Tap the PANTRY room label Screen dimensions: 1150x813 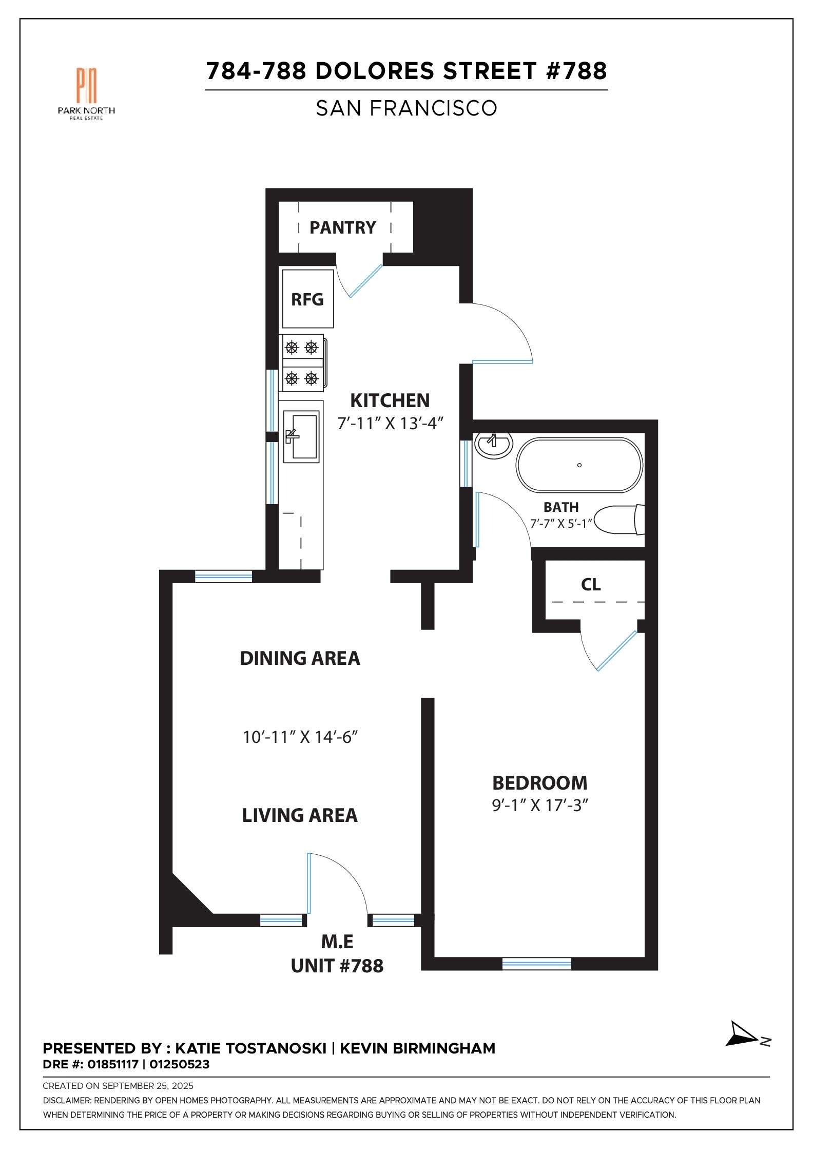pyautogui.click(x=342, y=227)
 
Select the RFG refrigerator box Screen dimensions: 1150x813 pyautogui.click(x=307, y=299)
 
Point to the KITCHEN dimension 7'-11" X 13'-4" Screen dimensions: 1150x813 pyautogui.click(x=390, y=424)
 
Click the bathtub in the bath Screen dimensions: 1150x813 pyautogui.click(x=579, y=465)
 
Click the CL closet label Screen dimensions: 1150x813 pyautogui.click(x=591, y=584)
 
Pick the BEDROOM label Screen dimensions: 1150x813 pyautogui.click(x=539, y=783)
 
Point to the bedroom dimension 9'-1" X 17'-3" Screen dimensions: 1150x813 pyautogui.click(x=539, y=806)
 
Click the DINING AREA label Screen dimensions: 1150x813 pyautogui.click(x=300, y=658)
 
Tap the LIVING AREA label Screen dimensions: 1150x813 pyautogui.click(x=300, y=815)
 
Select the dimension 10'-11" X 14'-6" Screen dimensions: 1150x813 pyautogui.click(x=300, y=737)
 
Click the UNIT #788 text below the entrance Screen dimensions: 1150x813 pyautogui.click(x=337, y=966)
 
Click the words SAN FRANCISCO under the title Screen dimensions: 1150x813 pyautogui.click(x=406, y=108)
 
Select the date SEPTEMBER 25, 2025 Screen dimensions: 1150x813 pyautogui.click(x=148, y=1086)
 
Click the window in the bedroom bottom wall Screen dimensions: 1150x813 pyautogui.click(x=536, y=964)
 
